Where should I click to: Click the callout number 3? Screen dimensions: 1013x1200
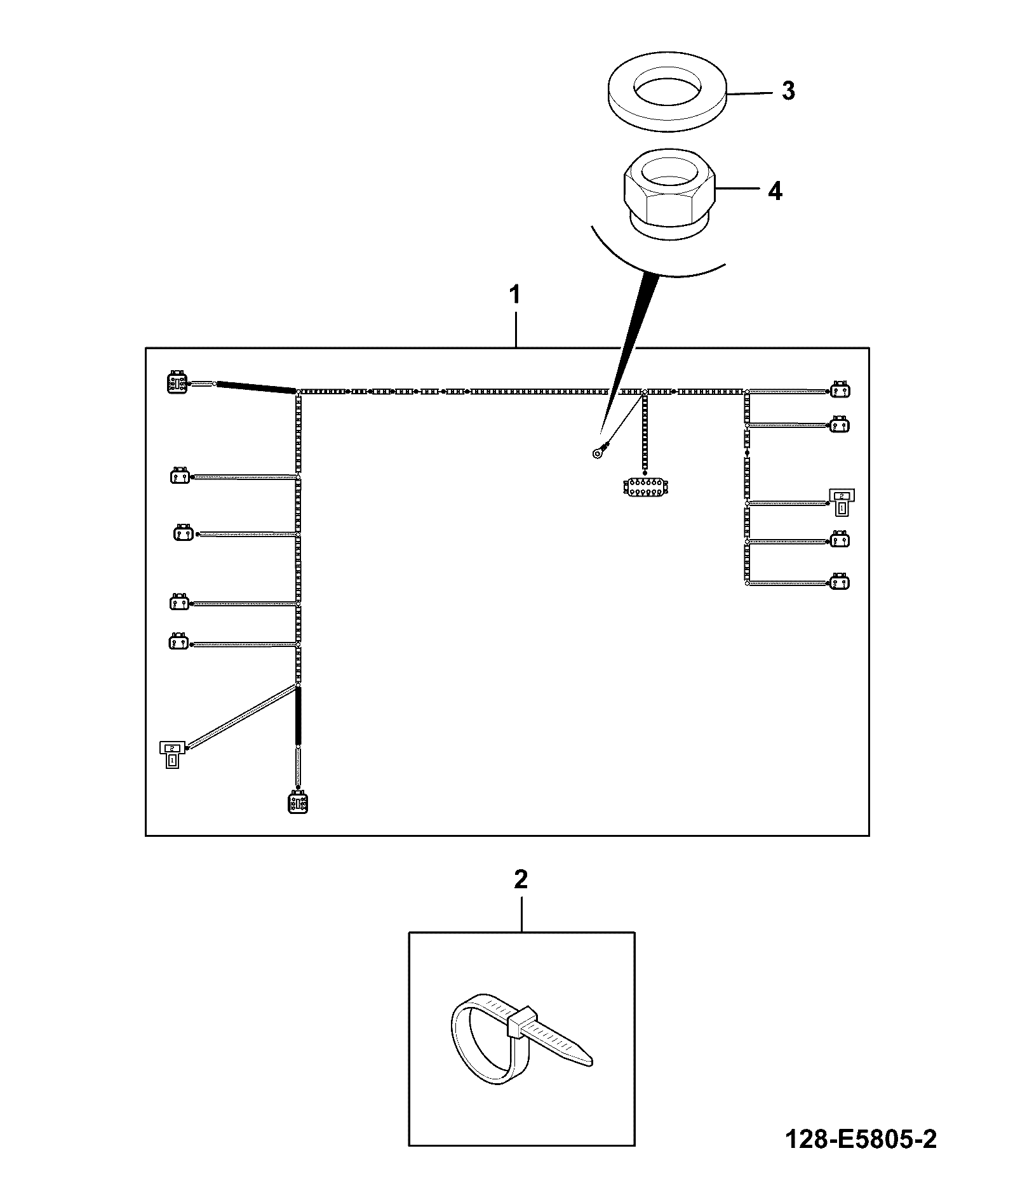point(788,91)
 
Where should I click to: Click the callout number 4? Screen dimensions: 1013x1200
point(775,190)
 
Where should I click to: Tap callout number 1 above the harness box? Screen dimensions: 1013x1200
point(515,295)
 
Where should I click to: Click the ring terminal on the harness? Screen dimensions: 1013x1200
point(598,453)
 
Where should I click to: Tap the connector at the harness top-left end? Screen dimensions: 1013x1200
point(178,383)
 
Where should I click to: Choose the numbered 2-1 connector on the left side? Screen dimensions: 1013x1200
point(173,754)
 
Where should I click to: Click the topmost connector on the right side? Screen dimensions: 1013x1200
point(840,390)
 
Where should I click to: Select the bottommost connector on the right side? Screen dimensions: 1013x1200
point(840,581)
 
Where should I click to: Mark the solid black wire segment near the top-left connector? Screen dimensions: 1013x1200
point(256,388)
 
